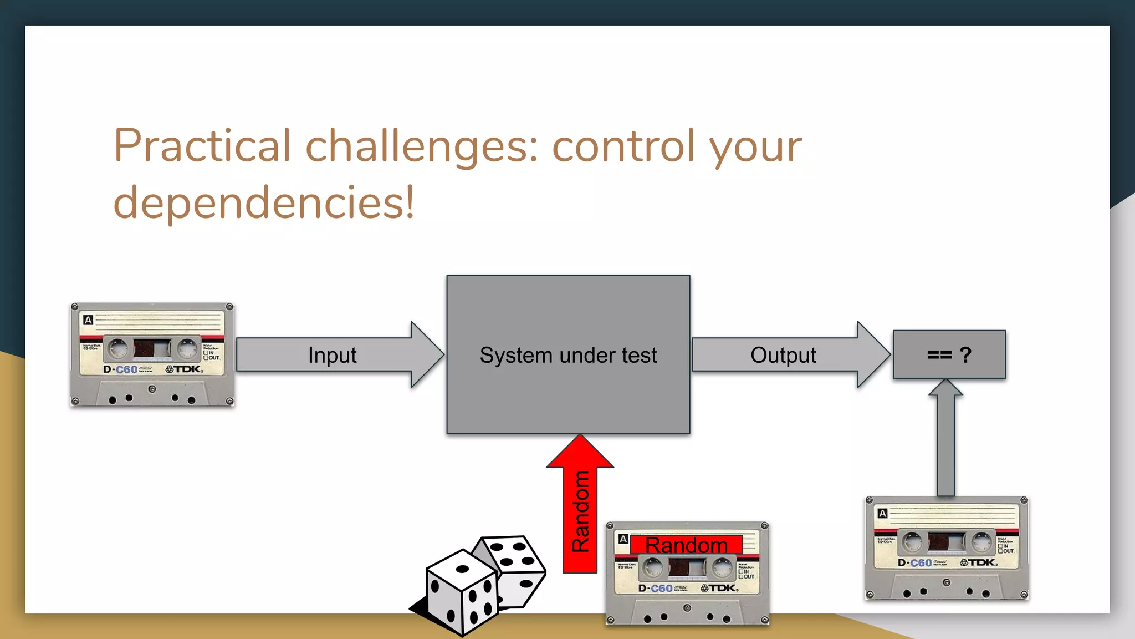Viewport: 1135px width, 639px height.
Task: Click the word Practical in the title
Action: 202,145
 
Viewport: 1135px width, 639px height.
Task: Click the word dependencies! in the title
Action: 264,203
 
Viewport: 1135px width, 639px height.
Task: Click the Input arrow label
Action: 332,355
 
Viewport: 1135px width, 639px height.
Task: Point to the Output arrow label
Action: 783,355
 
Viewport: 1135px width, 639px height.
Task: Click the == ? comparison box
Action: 949,354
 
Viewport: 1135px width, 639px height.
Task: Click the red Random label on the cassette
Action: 686,545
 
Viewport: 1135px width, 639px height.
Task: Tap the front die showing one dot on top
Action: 462,591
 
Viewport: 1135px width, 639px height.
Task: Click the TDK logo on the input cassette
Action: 185,369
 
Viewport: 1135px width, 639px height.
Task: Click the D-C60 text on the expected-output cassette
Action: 915,562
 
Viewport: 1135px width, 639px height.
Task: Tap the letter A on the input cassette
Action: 88,319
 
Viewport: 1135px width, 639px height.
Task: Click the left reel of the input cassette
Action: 117,349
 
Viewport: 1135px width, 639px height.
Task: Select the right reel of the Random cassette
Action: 723,567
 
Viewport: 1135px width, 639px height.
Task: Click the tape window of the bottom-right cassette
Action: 947,542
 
